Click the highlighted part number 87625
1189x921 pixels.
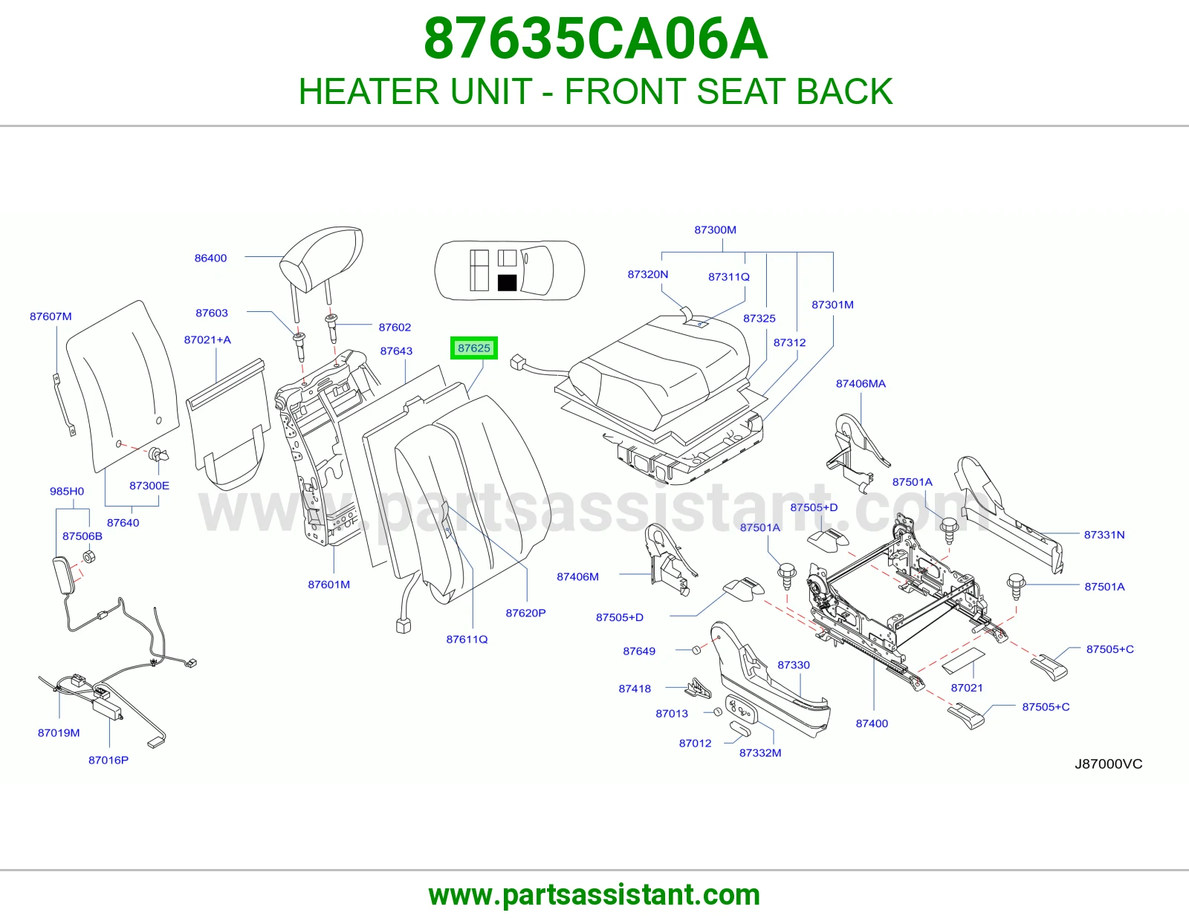pyautogui.click(x=474, y=348)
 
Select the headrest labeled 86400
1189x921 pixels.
pyautogui.click(x=320, y=264)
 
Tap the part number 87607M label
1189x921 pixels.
pyautogui.click(x=51, y=316)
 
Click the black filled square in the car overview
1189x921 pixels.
pyautogui.click(x=507, y=282)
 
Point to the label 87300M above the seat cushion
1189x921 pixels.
pyautogui.click(x=715, y=230)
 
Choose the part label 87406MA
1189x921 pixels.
pyautogui.click(x=861, y=383)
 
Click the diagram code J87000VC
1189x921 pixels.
pyautogui.click(x=1109, y=764)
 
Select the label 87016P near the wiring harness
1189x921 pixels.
pyautogui.click(x=108, y=761)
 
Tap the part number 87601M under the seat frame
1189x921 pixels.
pyautogui.click(x=329, y=584)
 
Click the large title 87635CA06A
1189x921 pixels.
pyautogui.click(x=595, y=39)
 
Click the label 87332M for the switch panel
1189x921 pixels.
pyautogui.click(x=760, y=752)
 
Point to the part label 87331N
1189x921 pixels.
pyautogui.click(x=1104, y=534)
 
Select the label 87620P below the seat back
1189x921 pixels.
pyautogui.click(x=525, y=613)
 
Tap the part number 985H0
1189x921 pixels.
pyautogui.click(x=67, y=491)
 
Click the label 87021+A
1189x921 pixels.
pyautogui.click(x=207, y=339)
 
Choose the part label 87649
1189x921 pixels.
pyautogui.click(x=639, y=651)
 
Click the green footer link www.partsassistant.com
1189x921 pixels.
pyautogui.click(x=594, y=895)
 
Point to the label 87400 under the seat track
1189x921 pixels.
pyautogui.click(x=872, y=723)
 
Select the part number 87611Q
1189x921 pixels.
pyautogui.click(x=467, y=640)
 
